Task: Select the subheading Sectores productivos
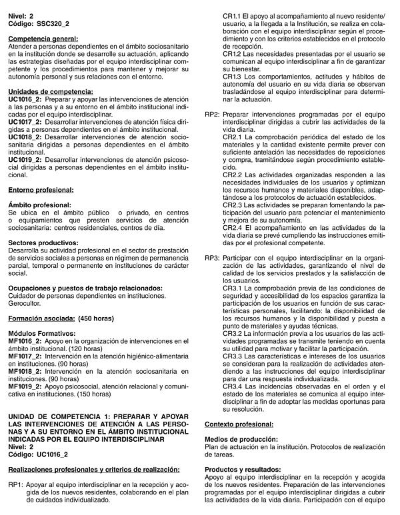click(43, 243)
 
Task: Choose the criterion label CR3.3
click(233, 356)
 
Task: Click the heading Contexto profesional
click(239, 424)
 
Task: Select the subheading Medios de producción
click(241, 440)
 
